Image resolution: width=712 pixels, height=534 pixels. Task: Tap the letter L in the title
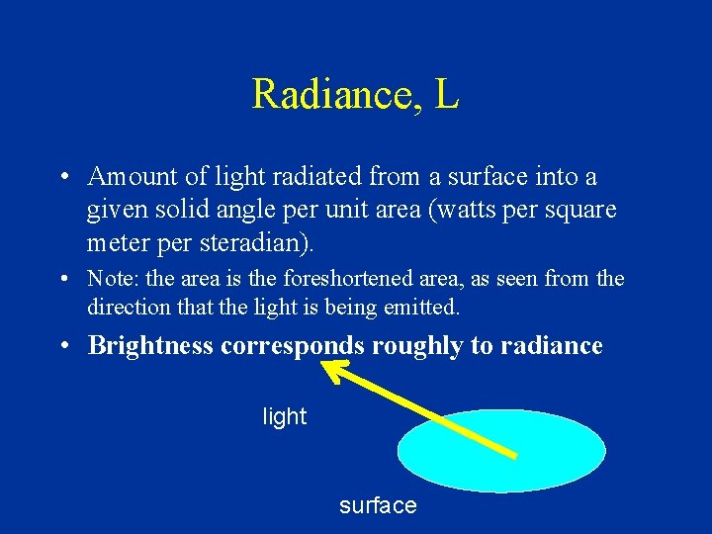pos(446,95)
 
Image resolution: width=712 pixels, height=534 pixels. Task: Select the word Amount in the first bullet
pos(130,177)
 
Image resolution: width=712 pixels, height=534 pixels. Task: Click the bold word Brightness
pos(151,346)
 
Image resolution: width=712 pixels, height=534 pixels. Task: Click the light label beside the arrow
pos(285,417)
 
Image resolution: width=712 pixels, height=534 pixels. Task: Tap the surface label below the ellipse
pos(378,505)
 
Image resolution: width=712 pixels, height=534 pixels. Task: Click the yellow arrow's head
pos(331,368)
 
